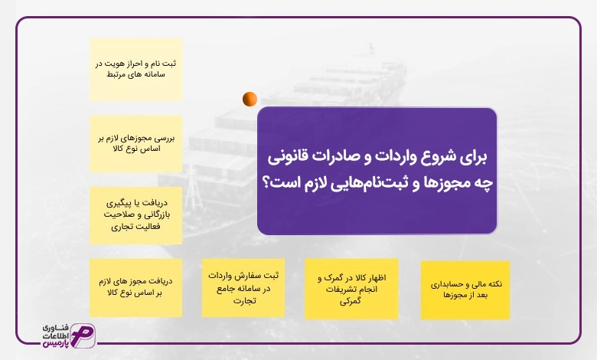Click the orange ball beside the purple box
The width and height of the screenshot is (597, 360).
[x=250, y=99]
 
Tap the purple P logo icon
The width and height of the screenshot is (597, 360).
[x=83, y=335]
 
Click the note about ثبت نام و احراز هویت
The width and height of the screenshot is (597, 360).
[x=136, y=70]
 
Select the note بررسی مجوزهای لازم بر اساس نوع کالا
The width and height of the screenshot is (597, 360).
[x=136, y=144]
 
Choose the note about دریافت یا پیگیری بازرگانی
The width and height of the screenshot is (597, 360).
[x=136, y=215]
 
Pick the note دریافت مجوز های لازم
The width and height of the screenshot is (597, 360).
[x=136, y=288]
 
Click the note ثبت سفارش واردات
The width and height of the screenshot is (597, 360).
[x=243, y=288]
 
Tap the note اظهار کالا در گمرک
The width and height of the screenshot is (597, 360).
[x=351, y=289]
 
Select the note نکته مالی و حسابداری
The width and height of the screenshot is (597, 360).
[x=465, y=290]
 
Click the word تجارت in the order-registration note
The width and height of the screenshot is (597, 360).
[x=244, y=300]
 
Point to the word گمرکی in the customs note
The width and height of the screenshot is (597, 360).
[x=351, y=301]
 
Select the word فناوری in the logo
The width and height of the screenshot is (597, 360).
[x=56, y=327]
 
